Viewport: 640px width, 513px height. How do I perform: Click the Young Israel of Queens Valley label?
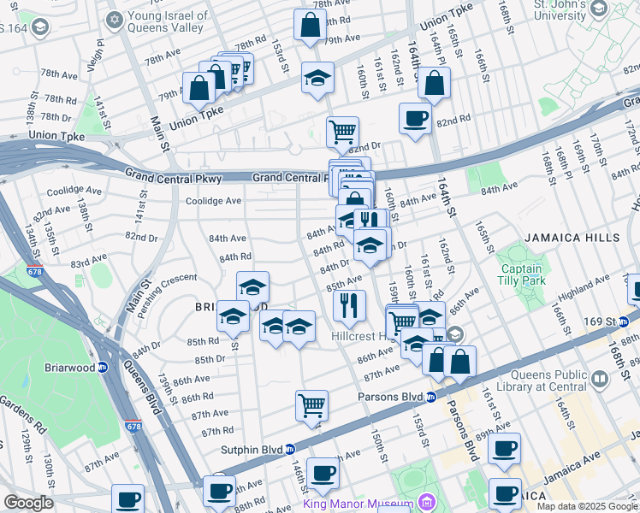point(168,22)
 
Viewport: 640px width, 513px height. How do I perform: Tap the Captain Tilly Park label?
point(522,274)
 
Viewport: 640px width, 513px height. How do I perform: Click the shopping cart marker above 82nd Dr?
point(342,131)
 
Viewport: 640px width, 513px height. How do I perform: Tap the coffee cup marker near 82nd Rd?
point(415,118)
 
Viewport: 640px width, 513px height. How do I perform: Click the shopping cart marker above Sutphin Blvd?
point(311,404)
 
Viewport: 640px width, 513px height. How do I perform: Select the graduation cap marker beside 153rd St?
point(317,79)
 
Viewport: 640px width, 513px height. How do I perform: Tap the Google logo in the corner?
point(27,503)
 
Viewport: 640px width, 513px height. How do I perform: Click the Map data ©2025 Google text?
point(586,506)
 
